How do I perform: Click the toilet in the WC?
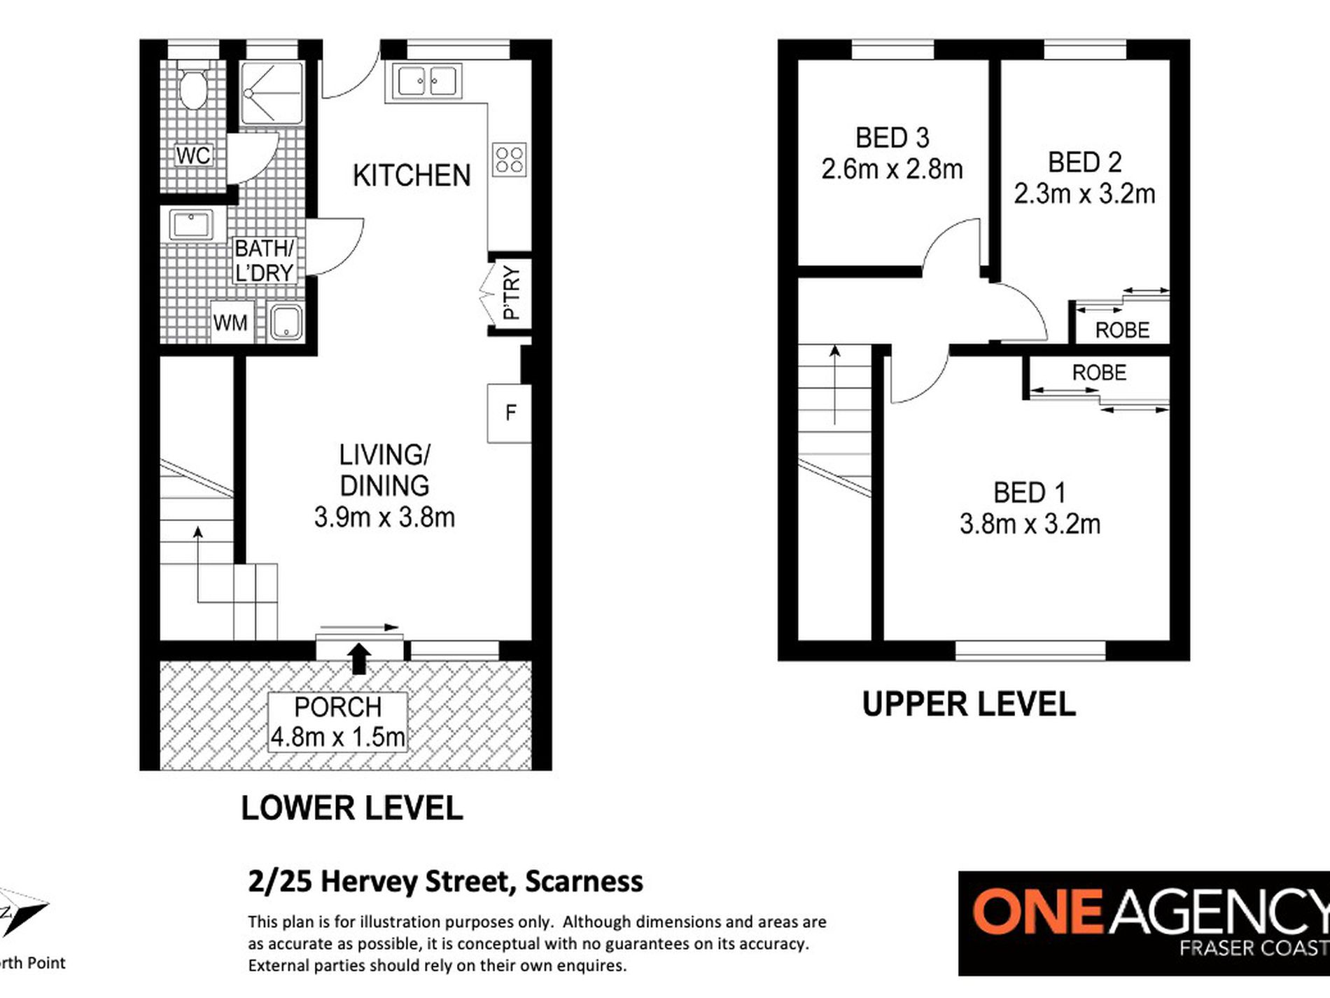[x=192, y=87]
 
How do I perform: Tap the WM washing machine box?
[x=230, y=323]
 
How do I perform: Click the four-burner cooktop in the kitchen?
[x=509, y=160]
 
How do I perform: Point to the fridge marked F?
[x=510, y=413]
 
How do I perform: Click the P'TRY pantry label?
[x=512, y=293]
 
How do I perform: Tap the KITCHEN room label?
[x=412, y=176]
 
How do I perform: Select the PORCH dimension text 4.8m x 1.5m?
[x=338, y=737]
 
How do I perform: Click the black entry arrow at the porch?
[x=359, y=658]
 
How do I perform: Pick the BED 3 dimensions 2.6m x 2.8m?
[x=892, y=169]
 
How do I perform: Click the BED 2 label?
[x=1084, y=162]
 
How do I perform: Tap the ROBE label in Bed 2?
[x=1122, y=330]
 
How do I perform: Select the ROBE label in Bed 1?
[x=1099, y=373]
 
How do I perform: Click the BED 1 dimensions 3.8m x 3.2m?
[x=1030, y=525]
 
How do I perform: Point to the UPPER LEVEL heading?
[x=969, y=704]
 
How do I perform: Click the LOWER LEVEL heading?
[x=351, y=808]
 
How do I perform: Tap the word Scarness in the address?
[x=584, y=882]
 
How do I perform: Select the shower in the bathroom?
[x=272, y=93]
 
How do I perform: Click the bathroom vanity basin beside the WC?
[x=190, y=226]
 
